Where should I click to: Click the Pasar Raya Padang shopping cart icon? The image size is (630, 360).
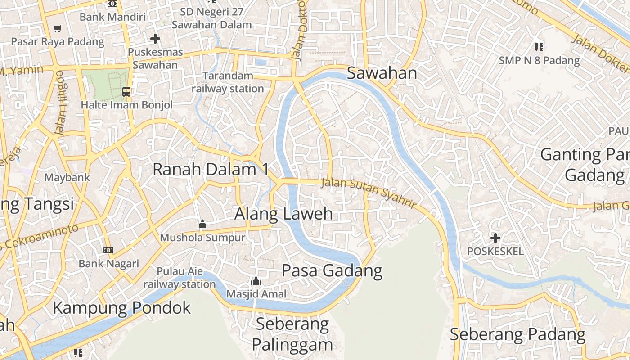[57, 29]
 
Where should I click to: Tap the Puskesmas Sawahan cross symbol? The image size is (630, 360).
[155, 39]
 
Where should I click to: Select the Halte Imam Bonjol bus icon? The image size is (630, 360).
[126, 92]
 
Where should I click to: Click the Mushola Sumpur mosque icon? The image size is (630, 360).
[202, 224]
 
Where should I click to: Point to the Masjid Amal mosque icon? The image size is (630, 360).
[256, 281]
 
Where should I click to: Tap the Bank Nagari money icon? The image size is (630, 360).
[108, 250]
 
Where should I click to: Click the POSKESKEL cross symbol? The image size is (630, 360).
[495, 238]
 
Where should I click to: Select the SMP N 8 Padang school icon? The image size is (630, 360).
[539, 47]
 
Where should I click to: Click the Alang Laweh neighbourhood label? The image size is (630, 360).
[283, 214]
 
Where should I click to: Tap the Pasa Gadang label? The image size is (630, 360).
[332, 271]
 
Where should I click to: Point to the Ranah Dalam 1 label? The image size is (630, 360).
[211, 170]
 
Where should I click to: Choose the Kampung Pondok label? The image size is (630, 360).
[122, 308]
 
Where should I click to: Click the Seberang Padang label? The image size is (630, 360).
[517, 335]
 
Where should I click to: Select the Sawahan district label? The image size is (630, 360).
[382, 73]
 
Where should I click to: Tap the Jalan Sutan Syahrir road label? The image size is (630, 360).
[368, 192]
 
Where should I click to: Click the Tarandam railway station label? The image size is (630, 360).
[228, 82]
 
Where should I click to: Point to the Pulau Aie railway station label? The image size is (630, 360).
[180, 278]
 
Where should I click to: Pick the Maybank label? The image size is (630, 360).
[67, 177]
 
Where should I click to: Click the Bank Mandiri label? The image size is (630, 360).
[112, 17]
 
